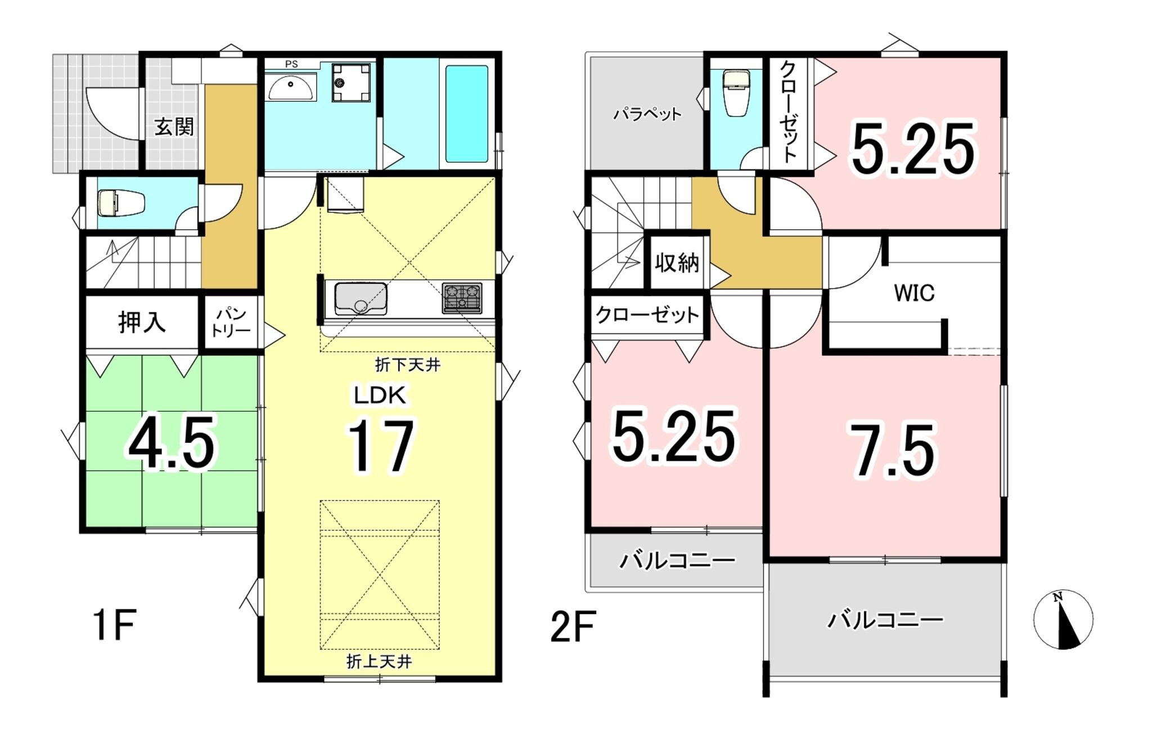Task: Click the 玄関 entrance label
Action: (x=174, y=127)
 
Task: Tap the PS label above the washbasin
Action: (x=291, y=64)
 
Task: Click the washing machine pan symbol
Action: (x=351, y=83)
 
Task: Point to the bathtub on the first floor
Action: (x=467, y=114)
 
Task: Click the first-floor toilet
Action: (x=121, y=203)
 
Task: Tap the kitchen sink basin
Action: (x=361, y=299)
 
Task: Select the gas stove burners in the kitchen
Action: (x=462, y=298)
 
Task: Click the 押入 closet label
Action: (x=142, y=322)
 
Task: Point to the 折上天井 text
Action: (x=379, y=662)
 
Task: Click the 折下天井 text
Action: (x=407, y=365)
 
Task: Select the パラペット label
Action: (x=647, y=114)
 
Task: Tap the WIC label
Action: (x=914, y=293)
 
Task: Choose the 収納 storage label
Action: (x=677, y=262)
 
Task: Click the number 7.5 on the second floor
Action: (x=893, y=451)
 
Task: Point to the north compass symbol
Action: (x=1063, y=619)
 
